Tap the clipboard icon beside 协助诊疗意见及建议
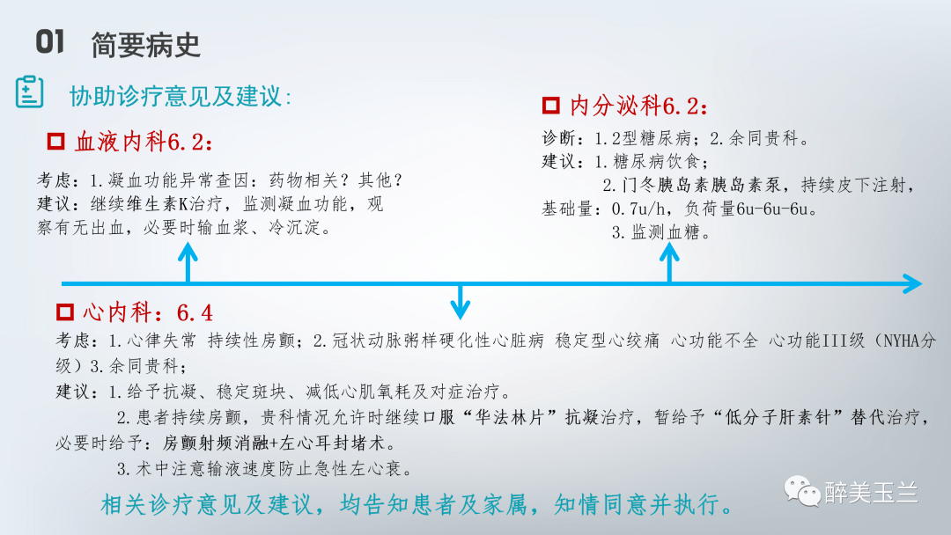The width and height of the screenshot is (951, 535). [x=29, y=92]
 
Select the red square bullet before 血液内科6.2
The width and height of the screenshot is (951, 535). [x=55, y=141]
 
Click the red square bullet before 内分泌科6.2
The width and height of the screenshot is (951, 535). [x=550, y=106]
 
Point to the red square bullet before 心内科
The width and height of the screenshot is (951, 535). [x=64, y=311]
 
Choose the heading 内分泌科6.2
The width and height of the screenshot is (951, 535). [x=638, y=106]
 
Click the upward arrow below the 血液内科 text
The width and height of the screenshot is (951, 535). [x=188, y=261]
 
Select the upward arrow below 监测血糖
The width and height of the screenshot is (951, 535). [x=669, y=261]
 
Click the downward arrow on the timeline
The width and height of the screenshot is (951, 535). [x=460, y=304]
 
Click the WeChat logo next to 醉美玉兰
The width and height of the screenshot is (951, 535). [x=802, y=491]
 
